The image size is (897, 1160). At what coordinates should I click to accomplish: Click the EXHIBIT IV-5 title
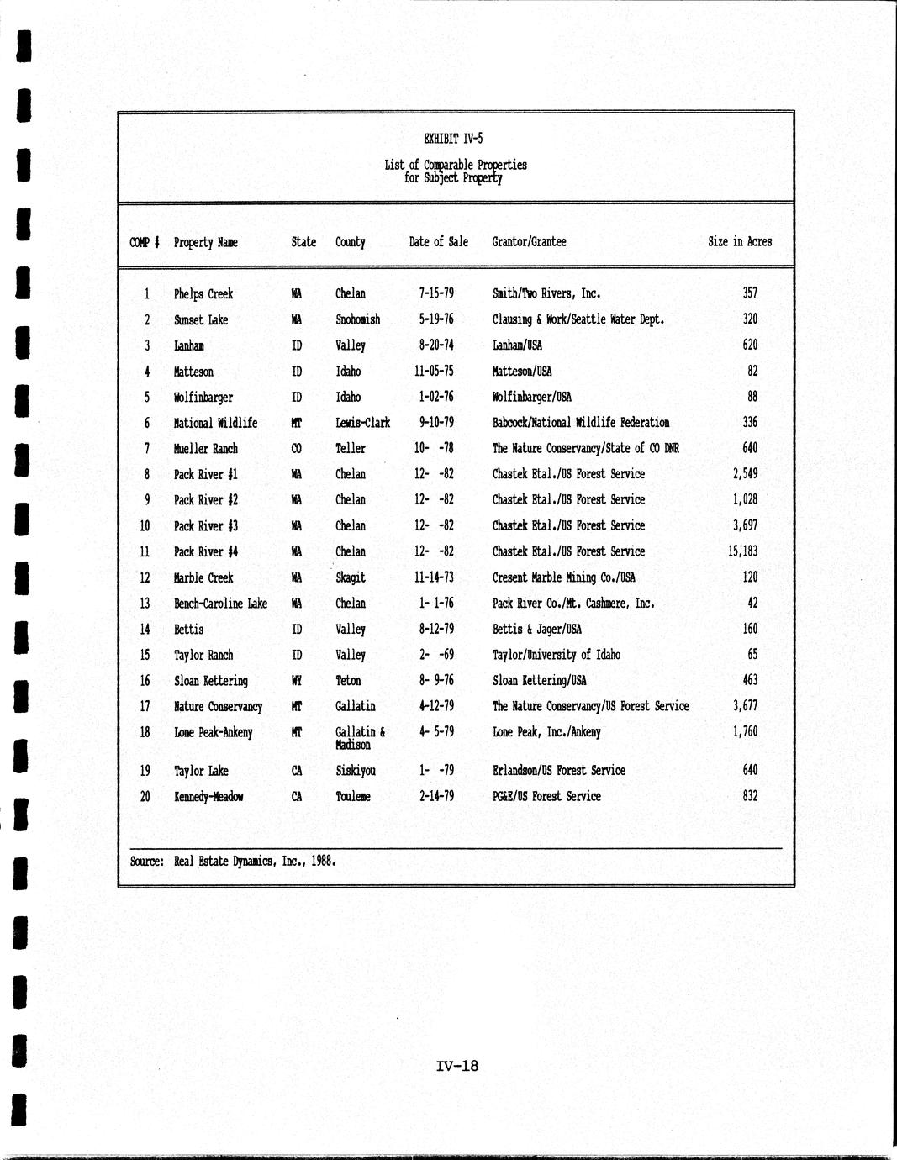point(454,140)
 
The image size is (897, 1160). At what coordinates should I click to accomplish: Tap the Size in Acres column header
point(739,242)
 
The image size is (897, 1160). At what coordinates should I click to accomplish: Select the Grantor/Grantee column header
point(529,242)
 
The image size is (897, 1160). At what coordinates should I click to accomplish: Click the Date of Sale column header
point(438,242)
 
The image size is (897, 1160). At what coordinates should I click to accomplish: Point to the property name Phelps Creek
point(203,294)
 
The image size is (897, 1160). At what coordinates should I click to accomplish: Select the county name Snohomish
point(357,319)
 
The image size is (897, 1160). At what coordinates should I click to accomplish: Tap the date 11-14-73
point(435,577)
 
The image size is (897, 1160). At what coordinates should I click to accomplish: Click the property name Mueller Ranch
point(205,449)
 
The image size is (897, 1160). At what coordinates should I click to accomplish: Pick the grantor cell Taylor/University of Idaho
point(557,655)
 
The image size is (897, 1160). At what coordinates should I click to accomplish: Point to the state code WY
point(296,681)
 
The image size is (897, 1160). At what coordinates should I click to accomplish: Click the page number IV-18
point(457,1066)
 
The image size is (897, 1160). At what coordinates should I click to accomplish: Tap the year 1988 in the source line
point(322,861)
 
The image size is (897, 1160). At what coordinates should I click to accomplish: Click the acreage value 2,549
point(745,474)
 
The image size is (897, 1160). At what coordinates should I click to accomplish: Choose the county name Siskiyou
point(355,771)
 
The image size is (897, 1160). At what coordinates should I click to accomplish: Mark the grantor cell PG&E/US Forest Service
point(546,796)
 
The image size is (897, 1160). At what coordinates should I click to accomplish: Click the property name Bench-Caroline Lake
point(220,604)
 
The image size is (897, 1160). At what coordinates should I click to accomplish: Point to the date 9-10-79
point(435,423)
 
